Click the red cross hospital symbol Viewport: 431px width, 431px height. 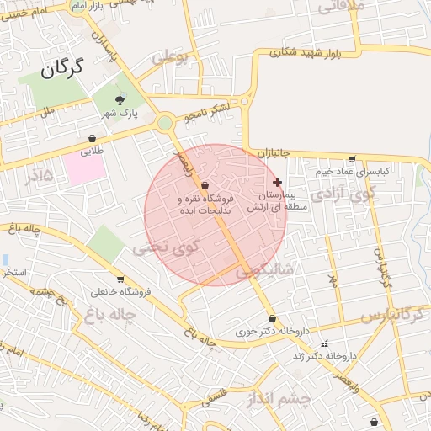pos(277,182)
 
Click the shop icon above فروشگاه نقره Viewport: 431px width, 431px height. pos(205,185)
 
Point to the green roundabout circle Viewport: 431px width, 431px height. pos(165,124)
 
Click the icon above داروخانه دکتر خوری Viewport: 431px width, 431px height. pos(271,319)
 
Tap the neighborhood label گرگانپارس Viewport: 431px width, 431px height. pos(391,315)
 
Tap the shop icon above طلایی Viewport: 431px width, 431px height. pos(92,139)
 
